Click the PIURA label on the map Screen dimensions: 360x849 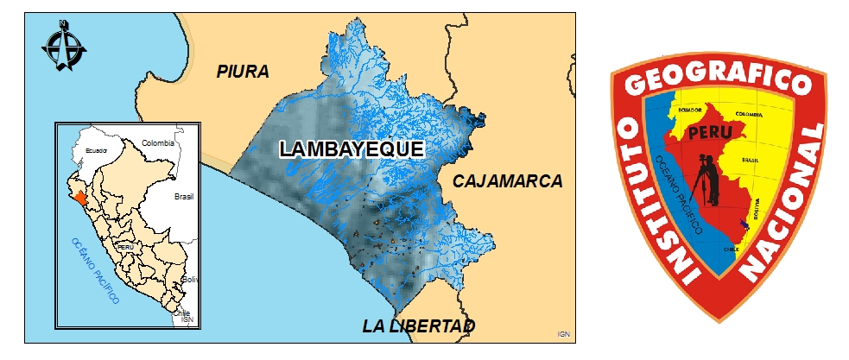(243, 72)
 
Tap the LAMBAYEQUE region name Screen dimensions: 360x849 (352, 149)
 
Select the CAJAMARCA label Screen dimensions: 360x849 (507, 181)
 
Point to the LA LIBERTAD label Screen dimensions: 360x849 (419, 326)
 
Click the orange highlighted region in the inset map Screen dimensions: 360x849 (80, 198)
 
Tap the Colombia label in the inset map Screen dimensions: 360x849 (158, 143)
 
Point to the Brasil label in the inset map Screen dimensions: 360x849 (184, 196)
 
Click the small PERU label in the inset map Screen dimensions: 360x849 (124, 246)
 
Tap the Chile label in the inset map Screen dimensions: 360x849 (181, 314)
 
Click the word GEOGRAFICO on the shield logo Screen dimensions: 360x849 (719, 82)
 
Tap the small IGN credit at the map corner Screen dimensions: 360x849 (563, 333)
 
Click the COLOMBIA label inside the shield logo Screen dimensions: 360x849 (749, 113)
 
